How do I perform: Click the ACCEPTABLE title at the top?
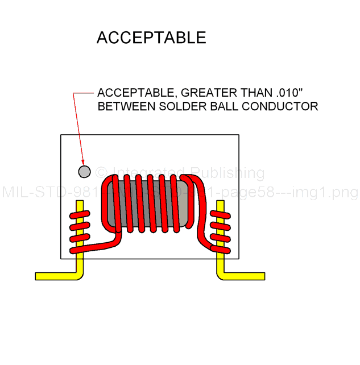coord(151,38)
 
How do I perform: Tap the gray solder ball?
coord(84,171)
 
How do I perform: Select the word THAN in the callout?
coord(250,93)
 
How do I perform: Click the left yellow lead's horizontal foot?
coord(55,276)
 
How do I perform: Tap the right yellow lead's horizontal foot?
coord(245,276)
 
